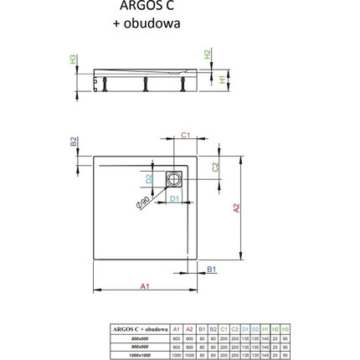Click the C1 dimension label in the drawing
click(x=185, y=133)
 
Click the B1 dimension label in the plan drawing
click(x=211, y=270)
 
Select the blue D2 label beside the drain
click(x=150, y=177)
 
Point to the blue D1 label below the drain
click(x=173, y=198)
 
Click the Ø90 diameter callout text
click(x=144, y=203)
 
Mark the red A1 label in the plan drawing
click(x=144, y=286)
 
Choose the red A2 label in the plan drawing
click(x=235, y=209)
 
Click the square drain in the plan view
click(x=172, y=178)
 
